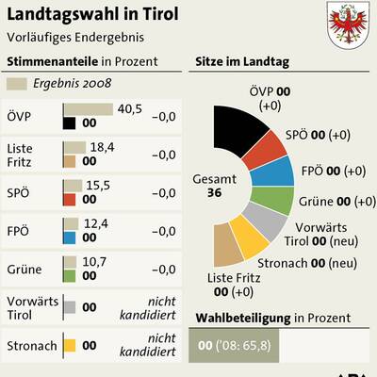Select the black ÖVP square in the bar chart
click(x=70, y=123)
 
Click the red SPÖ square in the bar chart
click(x=70, y=199)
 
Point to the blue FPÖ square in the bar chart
click(x=70, y=237)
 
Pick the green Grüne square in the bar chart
click(x=70, y=275)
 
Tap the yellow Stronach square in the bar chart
click(x=70, y=346)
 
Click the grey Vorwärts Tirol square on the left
click(x=70, y=307)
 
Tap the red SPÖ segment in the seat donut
click(x=266, y=145)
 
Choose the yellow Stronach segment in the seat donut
click(x=253, y=237)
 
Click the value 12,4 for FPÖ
click(x=96, y=222)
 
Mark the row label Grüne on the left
click(x=22, y=270)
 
